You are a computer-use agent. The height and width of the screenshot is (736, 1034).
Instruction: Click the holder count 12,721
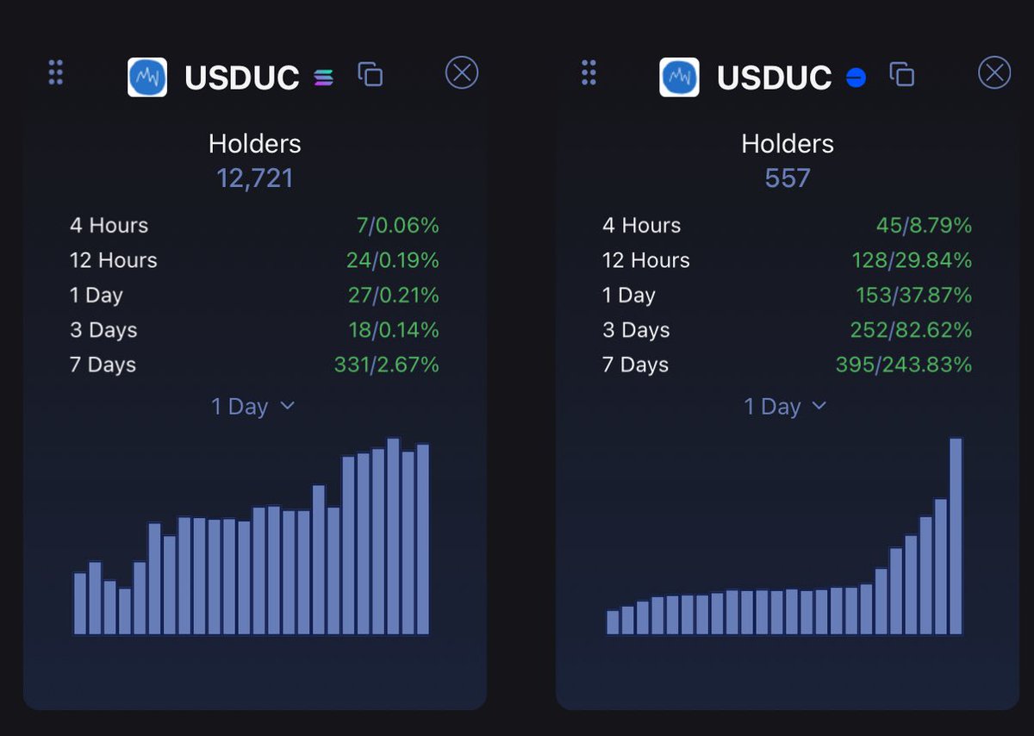point(255,178)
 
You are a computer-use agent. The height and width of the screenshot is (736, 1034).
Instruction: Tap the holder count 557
point(788,178)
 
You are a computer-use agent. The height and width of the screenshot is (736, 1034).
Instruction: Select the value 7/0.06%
point(398,226)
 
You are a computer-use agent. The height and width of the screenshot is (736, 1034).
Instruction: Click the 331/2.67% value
point(387,365)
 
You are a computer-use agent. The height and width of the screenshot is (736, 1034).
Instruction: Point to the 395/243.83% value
point(904,365)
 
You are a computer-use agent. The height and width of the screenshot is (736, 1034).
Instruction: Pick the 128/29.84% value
point(911,260)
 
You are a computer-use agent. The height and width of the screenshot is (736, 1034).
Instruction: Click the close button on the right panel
point(994,73)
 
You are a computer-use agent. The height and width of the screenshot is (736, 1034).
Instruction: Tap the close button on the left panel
point(462,73)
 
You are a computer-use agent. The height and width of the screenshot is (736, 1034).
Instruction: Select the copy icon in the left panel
point(371,75)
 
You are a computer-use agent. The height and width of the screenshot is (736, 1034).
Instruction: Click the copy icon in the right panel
point(902,75)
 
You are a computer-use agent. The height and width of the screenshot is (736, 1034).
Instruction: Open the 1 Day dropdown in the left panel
point(253,407)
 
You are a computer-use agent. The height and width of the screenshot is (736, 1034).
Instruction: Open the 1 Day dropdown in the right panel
point(786,407)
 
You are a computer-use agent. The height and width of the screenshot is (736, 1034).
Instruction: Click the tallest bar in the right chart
point(956,536)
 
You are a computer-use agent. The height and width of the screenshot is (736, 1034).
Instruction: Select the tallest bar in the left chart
point(393,536)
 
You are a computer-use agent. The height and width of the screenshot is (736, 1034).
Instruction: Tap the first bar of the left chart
point(80,603)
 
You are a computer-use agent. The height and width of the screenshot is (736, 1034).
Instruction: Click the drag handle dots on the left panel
point(56,72)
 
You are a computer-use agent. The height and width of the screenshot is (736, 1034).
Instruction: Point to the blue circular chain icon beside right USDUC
point(856,78)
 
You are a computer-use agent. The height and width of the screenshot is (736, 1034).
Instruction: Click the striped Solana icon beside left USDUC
point(324,78)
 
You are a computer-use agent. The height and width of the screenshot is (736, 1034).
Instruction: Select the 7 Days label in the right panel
point(636,365)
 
